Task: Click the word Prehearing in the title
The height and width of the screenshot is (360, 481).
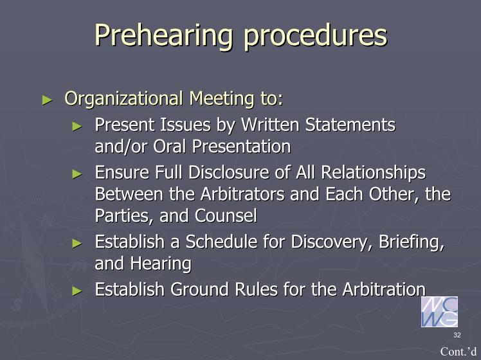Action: [x=163, y=36]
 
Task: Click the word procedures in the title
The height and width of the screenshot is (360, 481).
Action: [x=316, y=36]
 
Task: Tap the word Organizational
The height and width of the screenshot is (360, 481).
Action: [x=124, y=99]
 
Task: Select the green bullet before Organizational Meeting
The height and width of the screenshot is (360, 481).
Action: [x=47, y=100]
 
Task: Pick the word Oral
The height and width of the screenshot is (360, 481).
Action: [x=170, y=147]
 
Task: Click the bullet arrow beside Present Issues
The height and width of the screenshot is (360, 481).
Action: [x=77, y=126]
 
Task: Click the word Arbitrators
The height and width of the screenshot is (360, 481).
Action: [x=242, y=194]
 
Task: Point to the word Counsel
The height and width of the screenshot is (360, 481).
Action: [x=226, y=215]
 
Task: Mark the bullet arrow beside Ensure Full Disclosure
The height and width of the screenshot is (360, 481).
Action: [x=77, y=174]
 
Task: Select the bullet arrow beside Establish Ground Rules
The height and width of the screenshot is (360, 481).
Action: [x=77, y=291]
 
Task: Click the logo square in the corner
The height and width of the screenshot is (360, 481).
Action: [x=439, y=312]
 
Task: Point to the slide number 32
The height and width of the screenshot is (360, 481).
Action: [x=457, y=335]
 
